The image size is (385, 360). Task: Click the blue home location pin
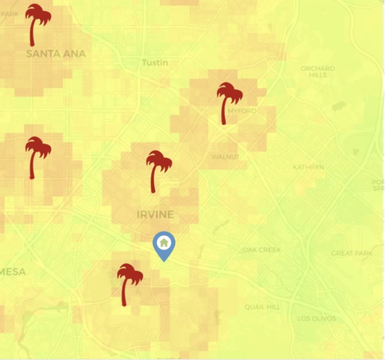(x=164, y=246)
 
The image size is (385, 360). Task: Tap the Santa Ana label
(x=56, y=54)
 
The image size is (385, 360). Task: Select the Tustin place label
(x=155, y=63)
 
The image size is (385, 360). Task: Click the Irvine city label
(x=155, y=215)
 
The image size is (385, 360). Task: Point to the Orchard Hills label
(x=318, y=72)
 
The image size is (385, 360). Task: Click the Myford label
(x=242, y=111)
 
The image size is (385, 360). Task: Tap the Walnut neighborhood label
(x=225, y=156)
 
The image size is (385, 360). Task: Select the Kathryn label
(x=308, y=167)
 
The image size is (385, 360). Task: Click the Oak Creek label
(x=262, y=250)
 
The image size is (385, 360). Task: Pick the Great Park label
(x=352, y=253)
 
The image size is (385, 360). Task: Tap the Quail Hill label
(x=263, y=307)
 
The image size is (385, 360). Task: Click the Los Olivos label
(x=317, y=319)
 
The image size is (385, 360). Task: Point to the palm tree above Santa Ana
(x=38, y=24)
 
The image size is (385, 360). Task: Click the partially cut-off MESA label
(x=13, y=272)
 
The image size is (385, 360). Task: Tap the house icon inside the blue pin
(x=164, y=242)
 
